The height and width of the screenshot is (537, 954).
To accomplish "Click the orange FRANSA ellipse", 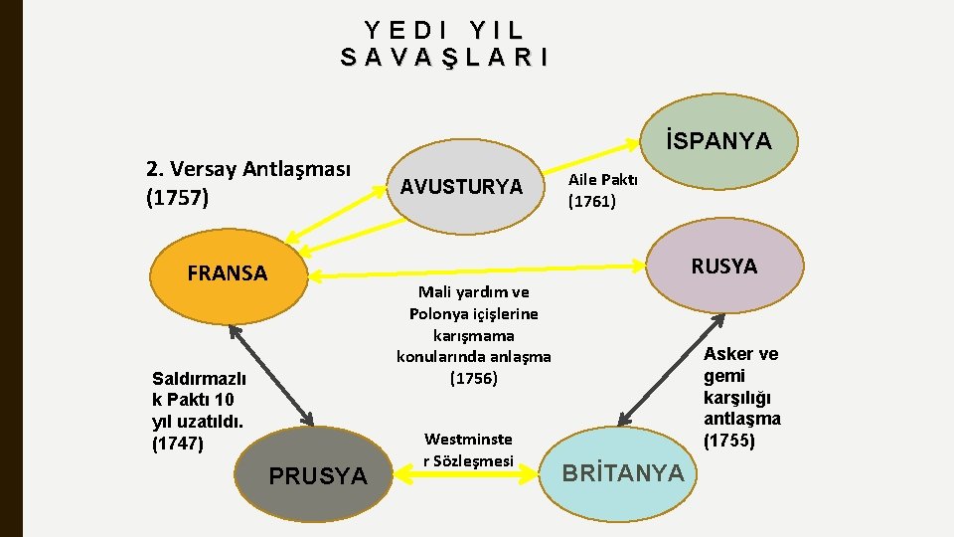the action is pyautogui.click(x=229, y=273).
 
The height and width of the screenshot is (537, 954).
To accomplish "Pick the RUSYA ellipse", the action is pyautogui.click(x=723, y=267).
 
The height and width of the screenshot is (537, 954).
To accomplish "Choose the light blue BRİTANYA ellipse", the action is pyautogui.click(x=623, y=473).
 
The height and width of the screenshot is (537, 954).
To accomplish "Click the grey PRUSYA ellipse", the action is pyautogui.click(x=317, y=476).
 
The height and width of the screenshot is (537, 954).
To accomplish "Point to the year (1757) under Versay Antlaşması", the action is pyautogui.click(x=177, y=198).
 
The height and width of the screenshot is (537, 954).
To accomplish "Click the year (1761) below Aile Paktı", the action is pyautogui.click(x=591, y=201).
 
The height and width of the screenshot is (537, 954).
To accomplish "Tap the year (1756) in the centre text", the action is pyautogui.click(x=473, y=378).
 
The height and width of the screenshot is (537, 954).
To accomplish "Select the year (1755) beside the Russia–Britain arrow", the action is pyautogui.click(x=728, y=441).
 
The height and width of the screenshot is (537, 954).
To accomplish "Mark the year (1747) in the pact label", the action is pyautogui.click(x=178, y=444).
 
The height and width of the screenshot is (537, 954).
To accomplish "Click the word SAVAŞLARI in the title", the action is pyautogui.click(x=444, y=58).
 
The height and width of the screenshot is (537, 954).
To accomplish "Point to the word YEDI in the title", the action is pyautogui.click(x=397, y=31).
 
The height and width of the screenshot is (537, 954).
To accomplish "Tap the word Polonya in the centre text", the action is pyautogui.click(x=440, y=313).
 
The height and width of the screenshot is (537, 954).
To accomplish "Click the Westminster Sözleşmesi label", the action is pyautogui.click(x=469, y=449).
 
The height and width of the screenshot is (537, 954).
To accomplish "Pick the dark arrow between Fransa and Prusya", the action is pyautogui.click(x=270, y=374).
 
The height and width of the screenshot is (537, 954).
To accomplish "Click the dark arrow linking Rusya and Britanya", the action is pyautogui.click(x=668, y=369).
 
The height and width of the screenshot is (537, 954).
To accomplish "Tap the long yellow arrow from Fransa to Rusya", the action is pyautogui.click(x=477, y=269).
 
